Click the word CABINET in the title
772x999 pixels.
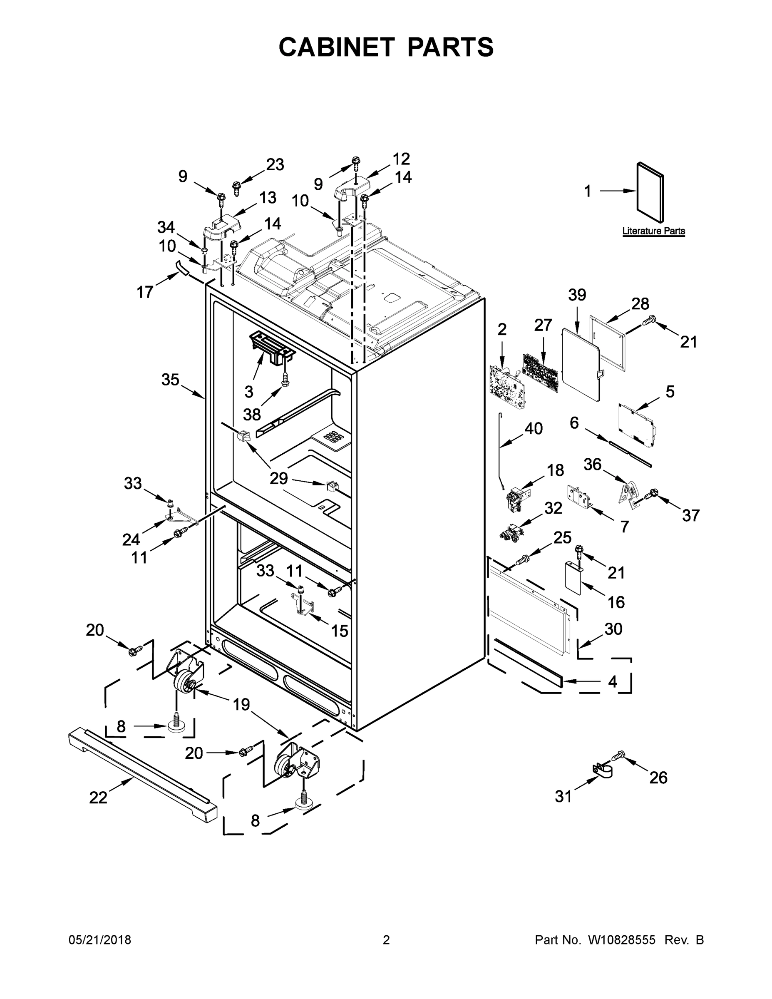[x=337, y=47]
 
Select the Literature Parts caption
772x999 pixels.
[x=653, y=231]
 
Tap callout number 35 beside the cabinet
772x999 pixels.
[x=170, y=379]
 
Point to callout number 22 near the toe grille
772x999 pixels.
[x=98, y=797]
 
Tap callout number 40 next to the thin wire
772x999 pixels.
[x=533, y=429]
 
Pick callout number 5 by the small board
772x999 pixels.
[x=670, y=392]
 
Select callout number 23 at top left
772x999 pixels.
[x=276, y=164]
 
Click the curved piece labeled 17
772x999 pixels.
[x=182, y=267]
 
